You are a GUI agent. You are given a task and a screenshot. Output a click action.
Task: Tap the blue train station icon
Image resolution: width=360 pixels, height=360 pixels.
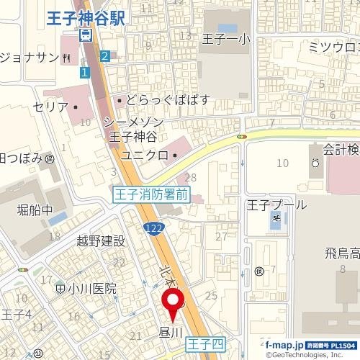(86, 35)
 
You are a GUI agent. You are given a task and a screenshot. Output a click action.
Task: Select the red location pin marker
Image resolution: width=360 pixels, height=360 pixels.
(174, 303)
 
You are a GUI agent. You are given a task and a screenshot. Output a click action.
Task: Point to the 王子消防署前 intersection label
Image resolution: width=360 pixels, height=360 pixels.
(152, 194)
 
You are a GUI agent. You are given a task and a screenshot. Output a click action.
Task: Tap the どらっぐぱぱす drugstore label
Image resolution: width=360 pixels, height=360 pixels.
(168, 100)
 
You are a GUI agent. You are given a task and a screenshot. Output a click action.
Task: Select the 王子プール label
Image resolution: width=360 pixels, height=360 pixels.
(276, 204)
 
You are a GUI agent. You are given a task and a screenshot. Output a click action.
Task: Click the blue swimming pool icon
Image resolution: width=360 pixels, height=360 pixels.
(275, 221)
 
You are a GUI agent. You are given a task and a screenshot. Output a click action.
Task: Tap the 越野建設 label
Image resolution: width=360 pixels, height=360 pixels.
(101, 241)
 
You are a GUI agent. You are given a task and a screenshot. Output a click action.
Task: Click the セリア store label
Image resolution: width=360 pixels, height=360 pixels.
(50, 107)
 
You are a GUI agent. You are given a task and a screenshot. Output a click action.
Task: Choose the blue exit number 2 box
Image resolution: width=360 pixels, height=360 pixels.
(105, 55)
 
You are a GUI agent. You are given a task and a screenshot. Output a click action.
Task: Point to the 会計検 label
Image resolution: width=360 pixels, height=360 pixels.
(340, 150)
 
